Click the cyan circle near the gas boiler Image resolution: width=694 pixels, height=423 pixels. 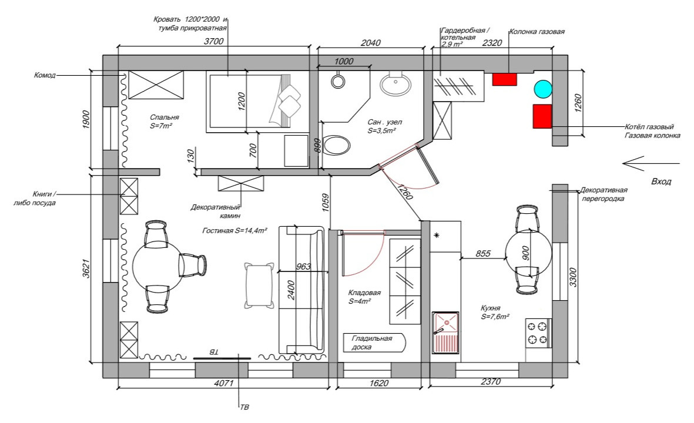542,89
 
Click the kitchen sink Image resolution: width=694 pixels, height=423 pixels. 445,332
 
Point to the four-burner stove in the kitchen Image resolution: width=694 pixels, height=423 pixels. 538,333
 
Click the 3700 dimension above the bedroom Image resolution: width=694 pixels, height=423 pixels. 214,41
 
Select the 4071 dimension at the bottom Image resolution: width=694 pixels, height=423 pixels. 223,383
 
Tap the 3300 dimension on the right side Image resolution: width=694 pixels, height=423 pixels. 573,277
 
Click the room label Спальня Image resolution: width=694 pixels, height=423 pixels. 164,117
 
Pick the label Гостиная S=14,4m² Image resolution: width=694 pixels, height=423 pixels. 234,230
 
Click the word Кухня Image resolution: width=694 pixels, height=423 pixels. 491,308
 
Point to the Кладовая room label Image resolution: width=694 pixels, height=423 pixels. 364,293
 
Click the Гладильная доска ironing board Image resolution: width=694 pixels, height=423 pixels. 374,343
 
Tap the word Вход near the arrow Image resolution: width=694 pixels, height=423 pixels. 661,182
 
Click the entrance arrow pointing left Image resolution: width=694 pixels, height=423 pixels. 651,163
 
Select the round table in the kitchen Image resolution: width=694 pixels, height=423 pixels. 528,253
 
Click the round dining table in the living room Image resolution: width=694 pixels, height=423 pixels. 158,265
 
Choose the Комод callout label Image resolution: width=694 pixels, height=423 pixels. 45,75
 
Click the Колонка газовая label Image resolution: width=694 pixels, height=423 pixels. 537,32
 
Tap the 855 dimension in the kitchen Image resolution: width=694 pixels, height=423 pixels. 483,254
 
